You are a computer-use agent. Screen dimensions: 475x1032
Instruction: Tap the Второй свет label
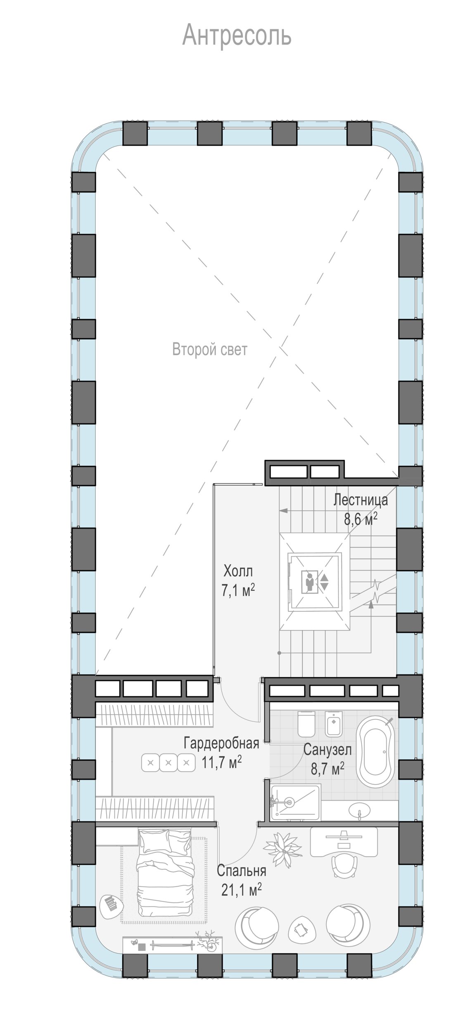pos(210,350)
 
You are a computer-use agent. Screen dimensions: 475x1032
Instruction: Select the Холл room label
pos(238,572)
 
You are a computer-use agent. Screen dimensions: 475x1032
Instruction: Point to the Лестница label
pos(361,500)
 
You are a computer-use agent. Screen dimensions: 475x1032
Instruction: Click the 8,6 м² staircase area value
pos(361,518)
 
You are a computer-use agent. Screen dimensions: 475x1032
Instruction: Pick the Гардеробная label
pos(221,743)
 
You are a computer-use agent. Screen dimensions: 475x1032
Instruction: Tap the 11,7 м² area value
pos(221,762)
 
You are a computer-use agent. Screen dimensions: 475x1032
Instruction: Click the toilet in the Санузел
pos(306,724)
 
